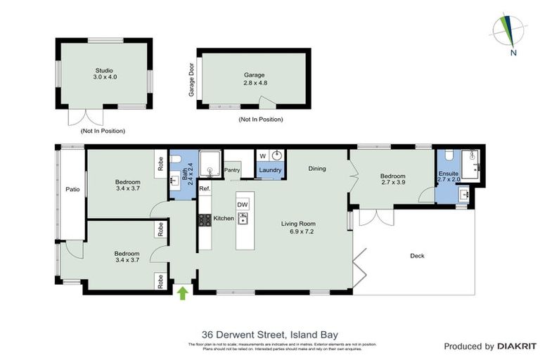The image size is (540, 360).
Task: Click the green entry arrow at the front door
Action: [x=184, y=292]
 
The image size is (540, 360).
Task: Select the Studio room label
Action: [x=103, y=74]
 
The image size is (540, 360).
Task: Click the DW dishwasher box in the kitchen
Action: [x=243, y=205]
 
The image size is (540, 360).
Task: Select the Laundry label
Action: [x=270, y=170]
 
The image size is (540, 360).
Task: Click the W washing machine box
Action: [x=263, y=156]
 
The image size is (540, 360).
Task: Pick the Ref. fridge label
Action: [x=205, y=189]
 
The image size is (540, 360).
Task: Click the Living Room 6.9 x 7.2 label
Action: [x=296, y=228]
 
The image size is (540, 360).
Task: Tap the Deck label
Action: [x=418, y=256]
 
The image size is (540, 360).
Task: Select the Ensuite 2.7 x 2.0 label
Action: [x=449, y=176]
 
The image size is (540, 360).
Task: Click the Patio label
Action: [x=72, y=189]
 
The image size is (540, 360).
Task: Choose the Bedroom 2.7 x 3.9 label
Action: [x=393, y=180]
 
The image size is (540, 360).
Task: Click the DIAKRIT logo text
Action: [x=516, y=346]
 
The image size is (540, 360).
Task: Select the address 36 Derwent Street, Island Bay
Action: [x=269, y=334]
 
